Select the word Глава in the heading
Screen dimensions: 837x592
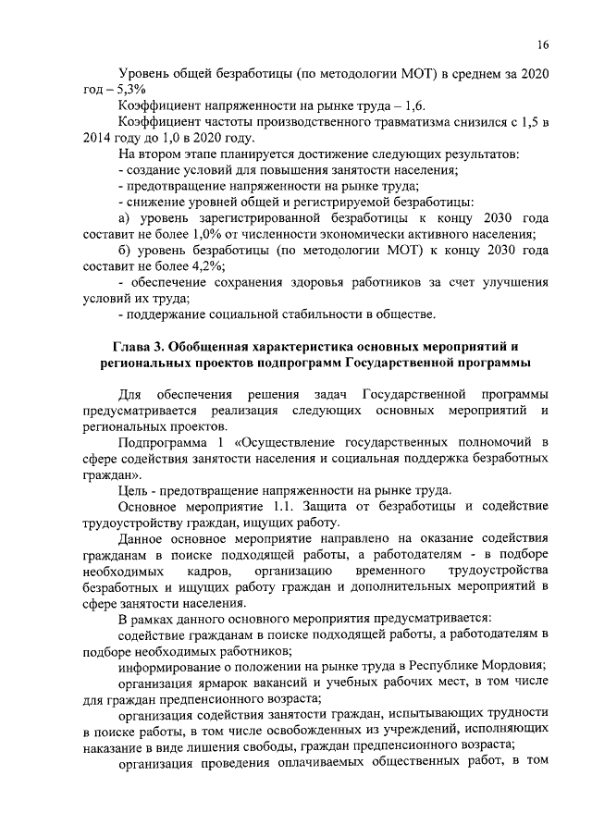[133, 348]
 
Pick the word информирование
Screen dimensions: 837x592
[174, 668]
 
